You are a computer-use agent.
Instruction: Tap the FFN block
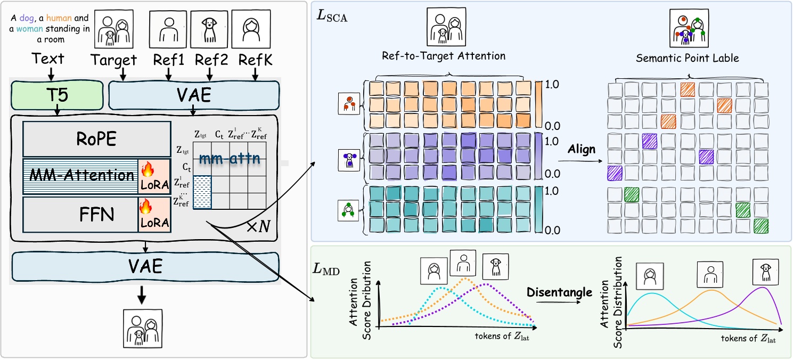[80, 214]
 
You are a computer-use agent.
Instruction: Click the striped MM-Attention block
[80, 176]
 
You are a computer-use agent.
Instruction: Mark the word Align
[581, 149]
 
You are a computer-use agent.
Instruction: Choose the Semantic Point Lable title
[687, 58]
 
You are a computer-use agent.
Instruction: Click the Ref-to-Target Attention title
[444, 55]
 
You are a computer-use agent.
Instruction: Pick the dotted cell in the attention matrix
[202, 192]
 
